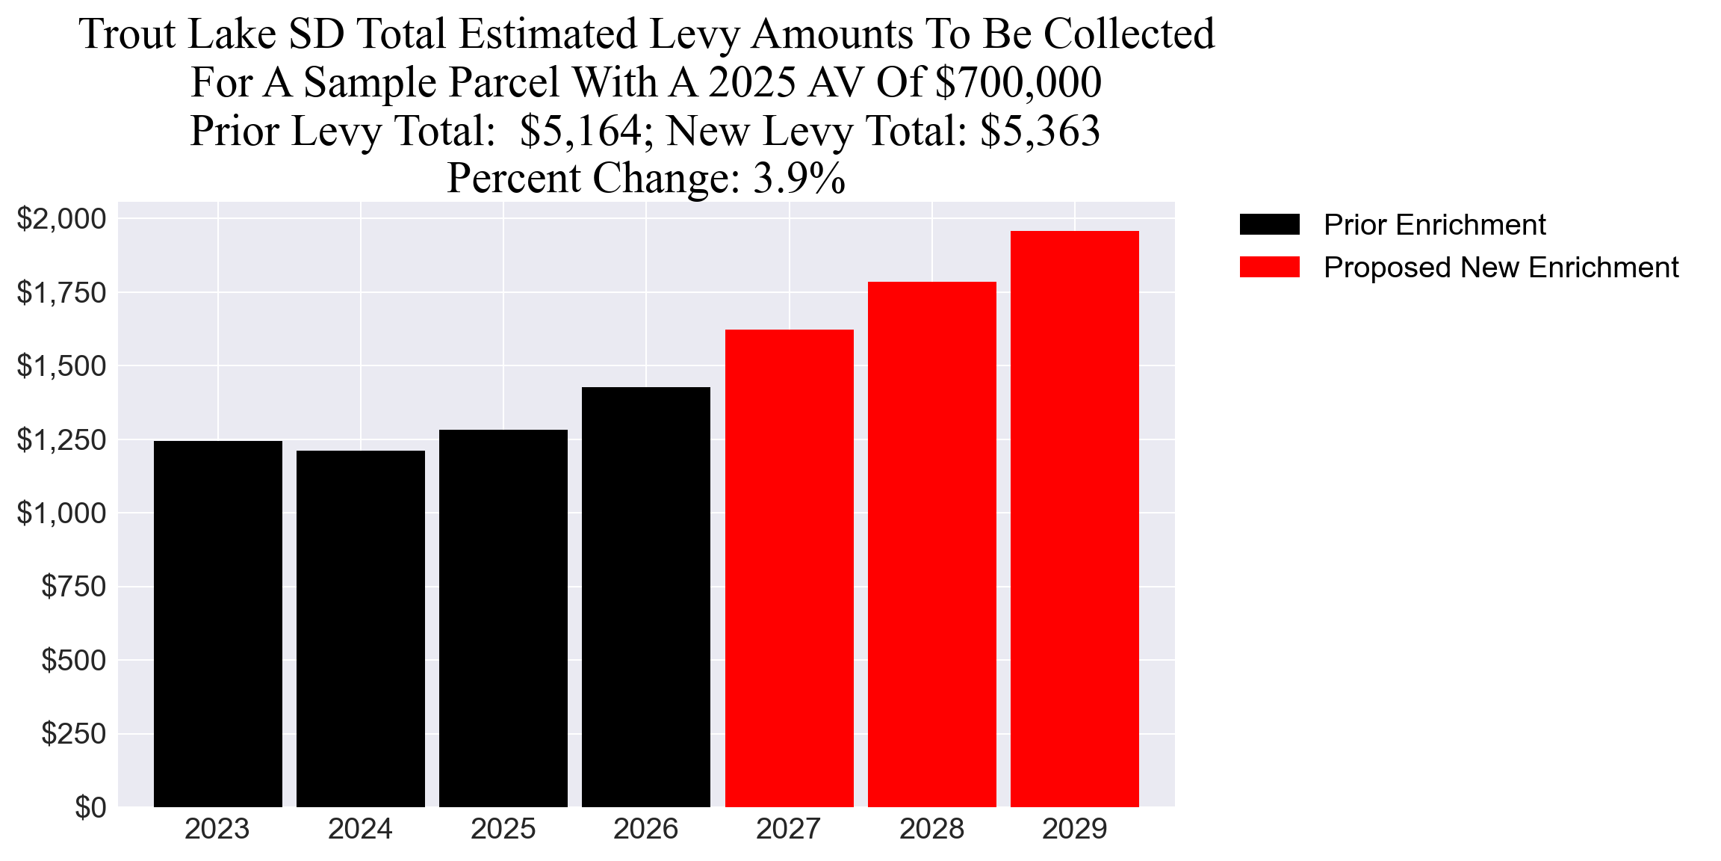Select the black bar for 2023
[x=217, y=624]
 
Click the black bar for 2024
[x=360, y=629]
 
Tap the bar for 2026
[x=645, y=597]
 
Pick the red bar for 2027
[x=789, y=568]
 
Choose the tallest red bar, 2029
[x=1074, y=519]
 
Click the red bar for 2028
[x=931, y=544]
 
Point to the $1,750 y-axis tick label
[x=62, y=293]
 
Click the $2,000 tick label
[x=62, y=219]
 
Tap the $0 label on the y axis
[x=90, y=808]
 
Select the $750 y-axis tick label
[x=73, y=587]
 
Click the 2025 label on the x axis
[x=503, y=830]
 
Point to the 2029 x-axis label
[x=1074, y=830]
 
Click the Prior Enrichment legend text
[x=1434, y=225]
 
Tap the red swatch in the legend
[x=1269, y=268]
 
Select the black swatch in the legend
[x=1269, y=224]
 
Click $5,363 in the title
[x=1040, y=131]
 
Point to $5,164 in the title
[x=580, y=131]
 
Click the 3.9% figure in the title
[x=799, y=179]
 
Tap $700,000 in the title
[x=1018, y=82]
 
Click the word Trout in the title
[x=127, y=34]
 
